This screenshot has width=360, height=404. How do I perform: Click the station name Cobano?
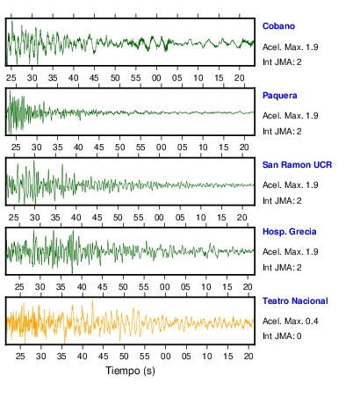point(278,26)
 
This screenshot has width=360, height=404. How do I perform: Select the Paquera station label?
point(279,96)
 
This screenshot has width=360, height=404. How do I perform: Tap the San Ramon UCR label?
point(297,165)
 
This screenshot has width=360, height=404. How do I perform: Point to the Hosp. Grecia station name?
point(289,232)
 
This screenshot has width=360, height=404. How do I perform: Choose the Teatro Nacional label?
point(295,301)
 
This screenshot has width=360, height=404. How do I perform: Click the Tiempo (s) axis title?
point(130,371)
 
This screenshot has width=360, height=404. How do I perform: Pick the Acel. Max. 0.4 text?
point(290,321)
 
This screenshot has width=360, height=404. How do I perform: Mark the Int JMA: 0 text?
point(282,336)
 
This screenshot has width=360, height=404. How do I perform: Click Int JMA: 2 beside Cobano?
point(282,62)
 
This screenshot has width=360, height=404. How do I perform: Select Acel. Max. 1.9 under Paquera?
point(290,116)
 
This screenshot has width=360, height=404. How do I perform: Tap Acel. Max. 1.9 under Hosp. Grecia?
point(290,252)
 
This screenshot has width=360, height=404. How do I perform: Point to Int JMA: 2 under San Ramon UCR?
point(282,201)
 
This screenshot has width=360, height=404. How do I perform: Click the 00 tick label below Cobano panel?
point(156,78)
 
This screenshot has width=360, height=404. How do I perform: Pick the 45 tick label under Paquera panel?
point(99,148)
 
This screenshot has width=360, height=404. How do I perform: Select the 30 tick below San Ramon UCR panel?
point(34,218)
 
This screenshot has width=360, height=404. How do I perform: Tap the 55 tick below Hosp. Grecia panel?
point(143,287)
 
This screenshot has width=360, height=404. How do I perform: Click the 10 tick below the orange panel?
point(207,357)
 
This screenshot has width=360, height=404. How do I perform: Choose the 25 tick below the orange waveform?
point(20,357)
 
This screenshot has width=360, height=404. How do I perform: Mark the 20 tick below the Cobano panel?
point(240,78)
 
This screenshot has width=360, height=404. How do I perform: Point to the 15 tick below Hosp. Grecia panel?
point(227,287)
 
